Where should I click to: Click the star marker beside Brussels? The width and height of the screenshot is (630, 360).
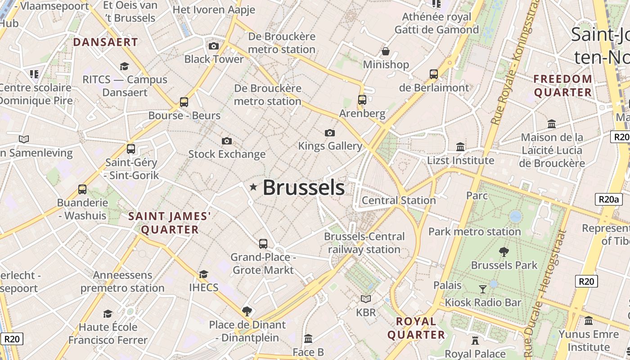[x=254, y=187]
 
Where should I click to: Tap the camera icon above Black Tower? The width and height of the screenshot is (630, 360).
[x=214, y=46]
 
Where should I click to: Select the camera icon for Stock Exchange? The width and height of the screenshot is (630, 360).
[x=227, y=141]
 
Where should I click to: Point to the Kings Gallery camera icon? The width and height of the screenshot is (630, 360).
[x=330, y=133]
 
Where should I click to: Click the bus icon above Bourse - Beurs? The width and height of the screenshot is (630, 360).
[x=184, y=102]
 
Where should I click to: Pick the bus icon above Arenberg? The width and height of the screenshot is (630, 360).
[x=362, y=100]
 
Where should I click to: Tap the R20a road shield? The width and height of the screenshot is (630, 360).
[x=608, y=199]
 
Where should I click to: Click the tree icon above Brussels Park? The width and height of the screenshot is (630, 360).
[x=504, y=252]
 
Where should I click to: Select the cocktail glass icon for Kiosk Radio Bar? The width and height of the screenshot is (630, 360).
[x=483, y=289]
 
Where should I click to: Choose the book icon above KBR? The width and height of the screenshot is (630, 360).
[x=366, y=299]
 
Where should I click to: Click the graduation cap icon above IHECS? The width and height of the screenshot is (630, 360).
[x=204, y=274]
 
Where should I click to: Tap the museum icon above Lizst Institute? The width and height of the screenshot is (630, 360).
[x=460, y=147]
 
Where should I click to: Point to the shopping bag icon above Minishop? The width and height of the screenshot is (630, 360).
[x=386, y=51]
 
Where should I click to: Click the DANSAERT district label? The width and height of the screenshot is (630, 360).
[x=105, y=42]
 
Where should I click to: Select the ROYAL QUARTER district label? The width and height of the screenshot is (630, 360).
[x=416, y=328]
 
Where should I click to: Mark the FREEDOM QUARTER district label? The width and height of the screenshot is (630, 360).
[x=562, y=85]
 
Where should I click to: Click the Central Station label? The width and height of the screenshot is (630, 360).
[x=399, y=200]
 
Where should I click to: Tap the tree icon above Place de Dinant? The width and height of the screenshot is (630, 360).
[x=247, y=311]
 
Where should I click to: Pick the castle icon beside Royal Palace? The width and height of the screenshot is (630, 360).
[x=475, y=340]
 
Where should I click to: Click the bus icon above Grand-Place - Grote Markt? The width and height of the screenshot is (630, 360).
[x=263, y=244]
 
